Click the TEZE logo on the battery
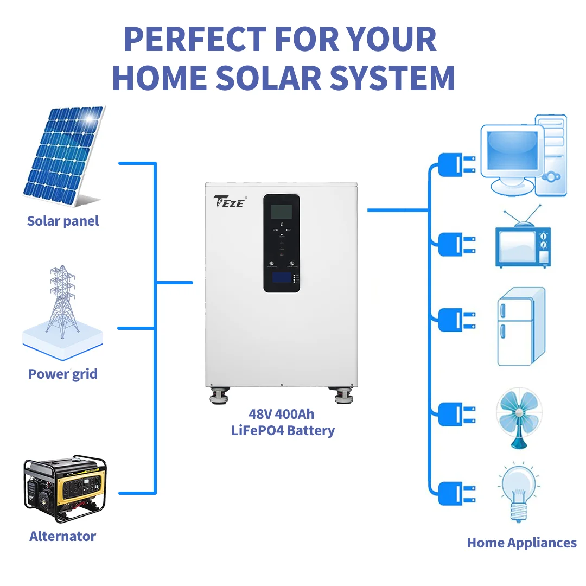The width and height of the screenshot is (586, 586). (x=230, y=201)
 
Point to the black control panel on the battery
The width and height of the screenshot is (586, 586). (x=282, y=243)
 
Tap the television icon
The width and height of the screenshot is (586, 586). (x=523, y=244)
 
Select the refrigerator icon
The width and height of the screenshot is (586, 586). (x=520, y=327)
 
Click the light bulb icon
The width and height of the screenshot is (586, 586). (x=518, y=491)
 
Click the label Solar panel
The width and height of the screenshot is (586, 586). (x=63, y=221)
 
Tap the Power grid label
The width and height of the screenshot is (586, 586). (x=63, y=374)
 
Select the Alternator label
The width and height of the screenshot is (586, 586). (x=62, y=536)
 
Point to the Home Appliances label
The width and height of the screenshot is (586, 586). (x=521, y=543)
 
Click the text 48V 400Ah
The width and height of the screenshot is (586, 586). (x=281, y=414)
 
